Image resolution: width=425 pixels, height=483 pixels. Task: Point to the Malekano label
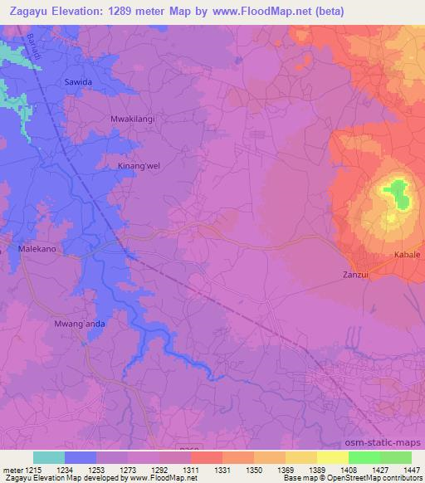coord(37,247)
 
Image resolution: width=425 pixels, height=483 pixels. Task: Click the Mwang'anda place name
coord(79,324)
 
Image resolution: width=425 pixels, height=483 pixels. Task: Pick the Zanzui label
coord(354,274)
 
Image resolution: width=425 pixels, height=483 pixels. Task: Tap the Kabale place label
coord(407,254)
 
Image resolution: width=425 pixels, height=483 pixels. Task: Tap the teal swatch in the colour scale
coord(48,457)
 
